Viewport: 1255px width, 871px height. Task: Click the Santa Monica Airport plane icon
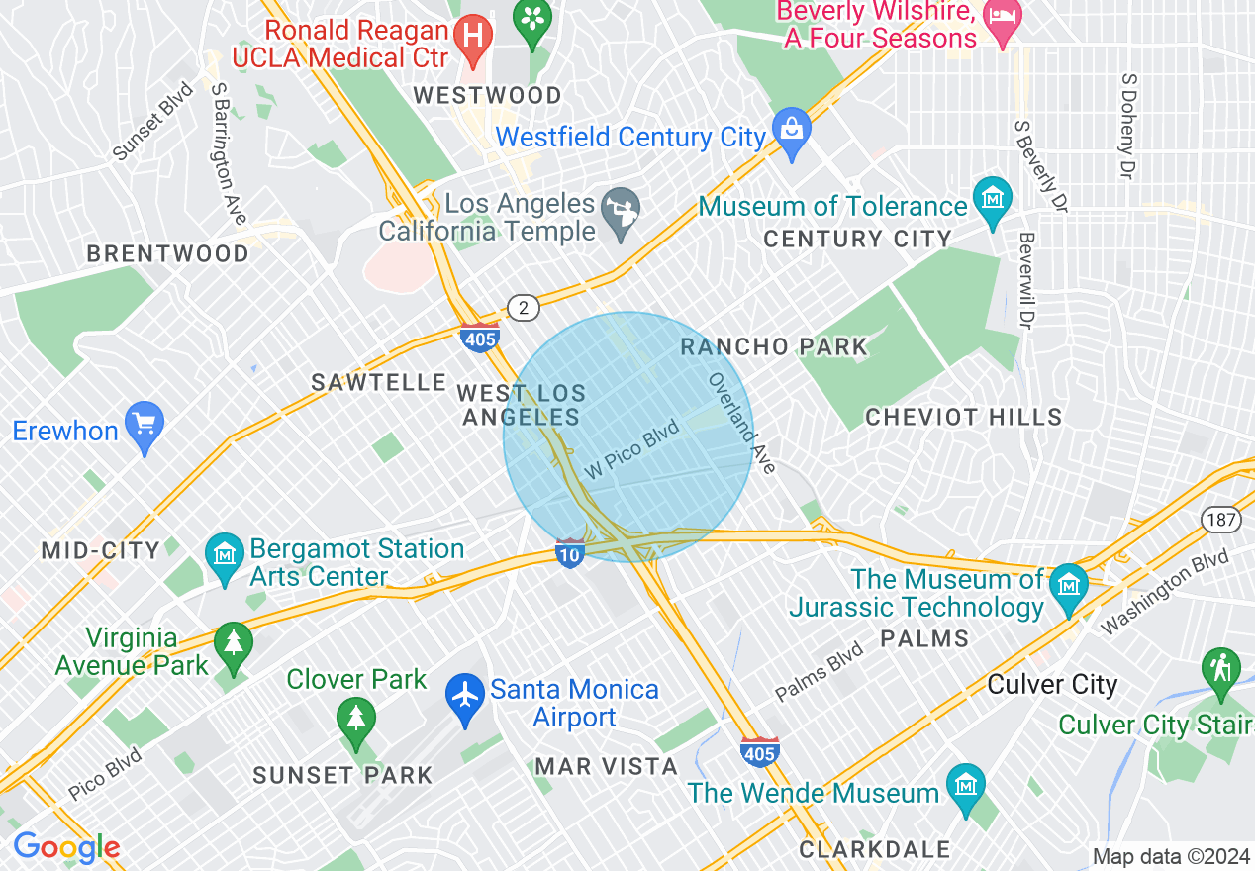coord(464,693)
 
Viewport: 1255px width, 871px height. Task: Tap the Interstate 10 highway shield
coord(570,552)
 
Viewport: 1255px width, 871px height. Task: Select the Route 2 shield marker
coord(523,308)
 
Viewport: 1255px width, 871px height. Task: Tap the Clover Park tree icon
coord(355,717)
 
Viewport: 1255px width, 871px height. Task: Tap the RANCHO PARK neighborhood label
coord(774,347)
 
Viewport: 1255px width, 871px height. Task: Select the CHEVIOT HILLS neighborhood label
coord(963,418)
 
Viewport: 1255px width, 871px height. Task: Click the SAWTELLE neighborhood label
coord(379,383)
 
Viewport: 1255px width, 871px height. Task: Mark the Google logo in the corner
coord(66,847)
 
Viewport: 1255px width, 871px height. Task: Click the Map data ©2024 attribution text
coord(1169,856)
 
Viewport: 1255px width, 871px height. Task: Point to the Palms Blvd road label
coord(820,670)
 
